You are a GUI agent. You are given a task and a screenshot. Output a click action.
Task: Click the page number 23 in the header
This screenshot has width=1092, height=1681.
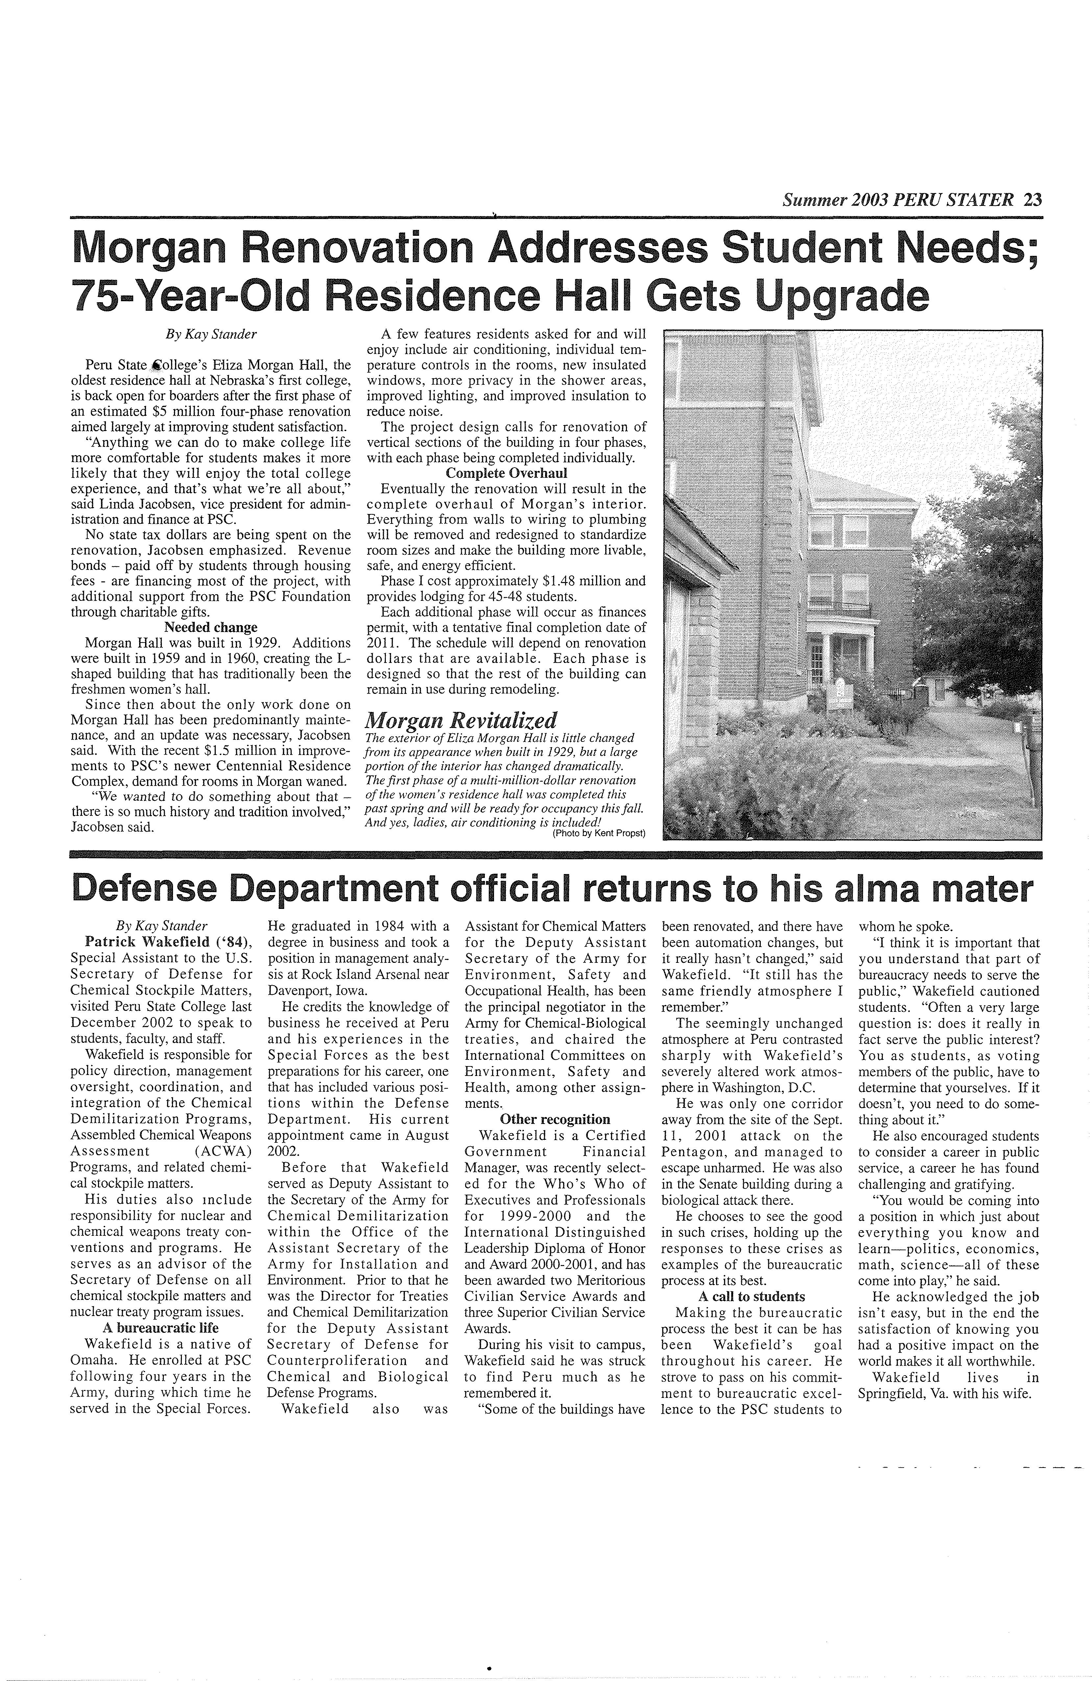point(1032,200)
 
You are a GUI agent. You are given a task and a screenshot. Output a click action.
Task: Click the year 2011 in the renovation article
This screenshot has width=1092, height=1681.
point(380,643)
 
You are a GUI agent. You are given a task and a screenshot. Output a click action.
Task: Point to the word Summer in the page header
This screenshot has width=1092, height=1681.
point(812,200)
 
